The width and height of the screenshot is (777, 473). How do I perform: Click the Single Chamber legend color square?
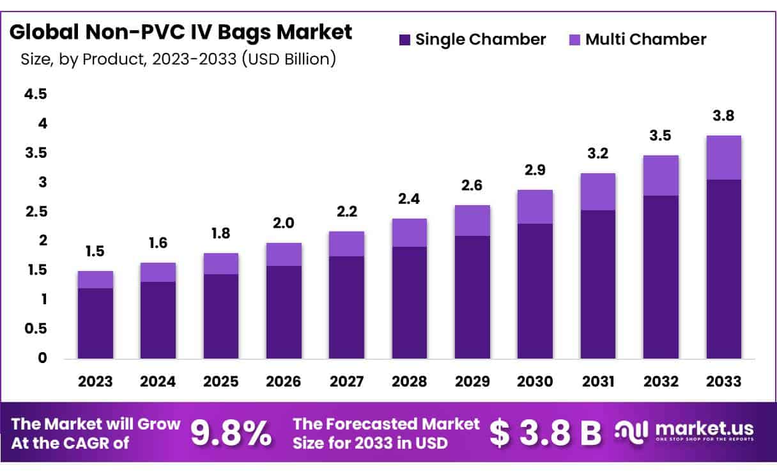click(x=404, y=40)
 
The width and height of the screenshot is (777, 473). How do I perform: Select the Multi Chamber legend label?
click(x=645, y=40)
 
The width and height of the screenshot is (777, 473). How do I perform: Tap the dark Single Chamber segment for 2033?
click(x=723, y=268)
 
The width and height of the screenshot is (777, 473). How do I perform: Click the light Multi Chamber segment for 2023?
click(x=95, y=279)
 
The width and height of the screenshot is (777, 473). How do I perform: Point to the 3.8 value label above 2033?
click(x=723, y=116)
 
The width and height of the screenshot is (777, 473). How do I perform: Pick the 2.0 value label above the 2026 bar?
click(x=284, y=224)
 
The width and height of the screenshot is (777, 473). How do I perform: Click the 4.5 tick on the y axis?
click(x=35, y=94)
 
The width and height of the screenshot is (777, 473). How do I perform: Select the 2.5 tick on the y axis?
click(x=35, y=212)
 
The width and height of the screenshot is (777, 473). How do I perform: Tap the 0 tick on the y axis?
click(x=42, y=358)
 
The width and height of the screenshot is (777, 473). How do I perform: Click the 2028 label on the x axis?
click(x=409, y=382)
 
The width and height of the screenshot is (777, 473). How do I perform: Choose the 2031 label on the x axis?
click(x=598, y=382)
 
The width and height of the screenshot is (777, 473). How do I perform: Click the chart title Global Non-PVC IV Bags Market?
click(x=181, y=32)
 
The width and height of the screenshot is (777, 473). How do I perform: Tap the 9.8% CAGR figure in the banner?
click(x=231, y=433)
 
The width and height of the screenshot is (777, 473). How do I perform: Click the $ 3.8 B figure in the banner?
click(x=545, y=433)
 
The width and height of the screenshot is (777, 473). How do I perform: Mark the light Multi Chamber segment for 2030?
click(x=535, y=206)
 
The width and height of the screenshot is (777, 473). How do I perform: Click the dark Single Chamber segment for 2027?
click(x=346, y=307)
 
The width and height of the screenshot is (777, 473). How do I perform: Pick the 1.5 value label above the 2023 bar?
click(x=95, y=252)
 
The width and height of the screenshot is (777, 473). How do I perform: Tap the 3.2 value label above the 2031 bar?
click(x=598, y=154)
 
